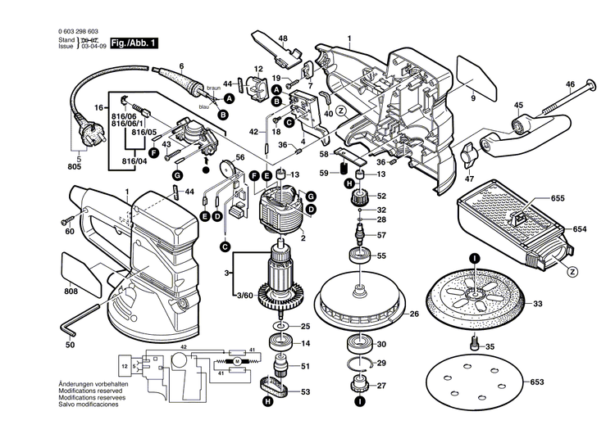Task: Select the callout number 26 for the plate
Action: coord(413,314)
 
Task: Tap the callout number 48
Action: coord(282,38)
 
